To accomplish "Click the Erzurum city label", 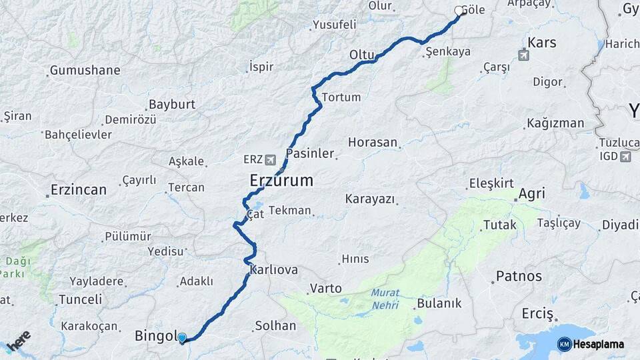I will point(281,180).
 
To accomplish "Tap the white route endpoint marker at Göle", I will point(459,11).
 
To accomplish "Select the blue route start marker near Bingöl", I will point(181,338).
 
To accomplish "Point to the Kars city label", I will point(541,43).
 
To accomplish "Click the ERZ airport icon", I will point(270,160).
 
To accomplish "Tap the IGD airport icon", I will point(625,157).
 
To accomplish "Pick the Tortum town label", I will point(341,97).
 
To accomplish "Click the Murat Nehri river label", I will point(385,299).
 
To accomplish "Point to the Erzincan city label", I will point(79,190).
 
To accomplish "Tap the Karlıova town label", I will point(273,270).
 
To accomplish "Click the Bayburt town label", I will point(172,105).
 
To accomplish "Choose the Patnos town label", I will point(519,276).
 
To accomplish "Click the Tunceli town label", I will point(80,300).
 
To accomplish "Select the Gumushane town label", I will point(85,70).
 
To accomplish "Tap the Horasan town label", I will point(372,143).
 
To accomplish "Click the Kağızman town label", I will point(555,123).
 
